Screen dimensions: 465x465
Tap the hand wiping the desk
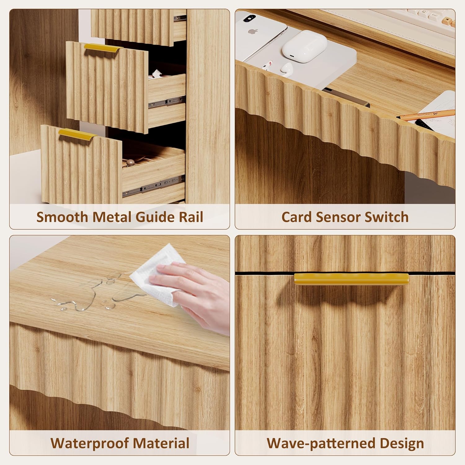[192, 296]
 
